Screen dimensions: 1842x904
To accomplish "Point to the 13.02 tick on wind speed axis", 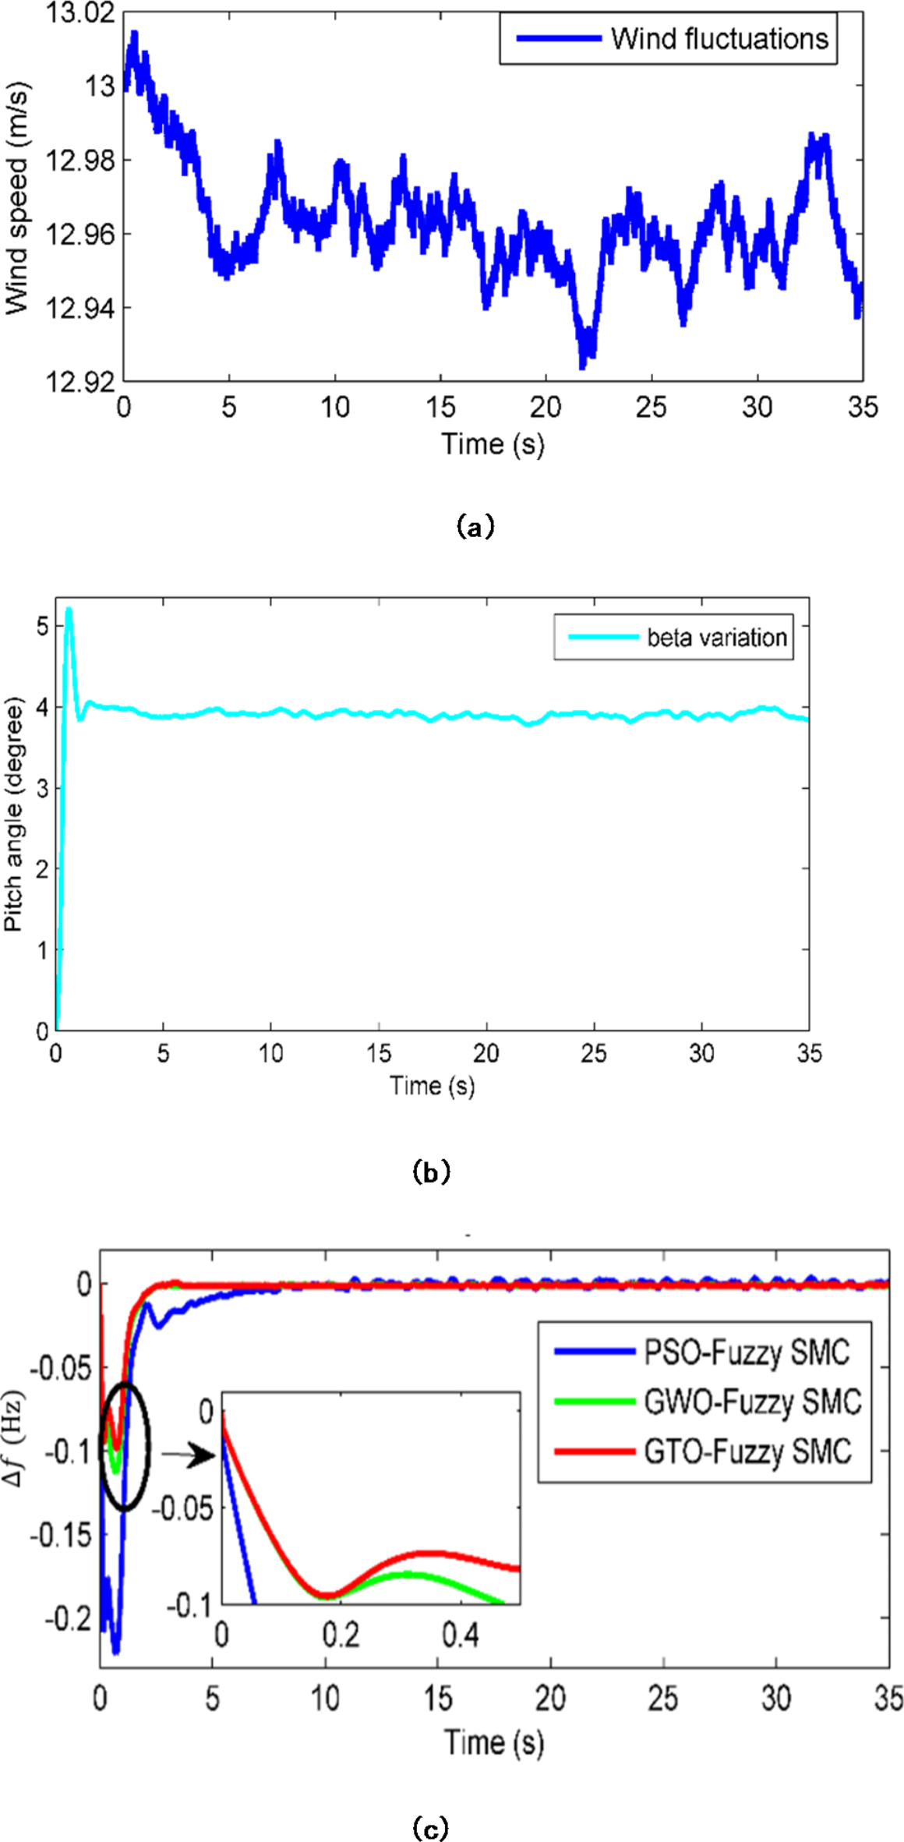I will tap(79, 13).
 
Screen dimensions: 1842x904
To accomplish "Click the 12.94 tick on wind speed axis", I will tap(79, 308).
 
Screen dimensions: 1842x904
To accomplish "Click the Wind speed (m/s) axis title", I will tap(17, 198).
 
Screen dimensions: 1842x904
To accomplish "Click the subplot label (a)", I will tap(475, 527).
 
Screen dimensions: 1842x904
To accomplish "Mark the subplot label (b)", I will tap(431, 1172).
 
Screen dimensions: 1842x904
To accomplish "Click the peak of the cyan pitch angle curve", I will tap(69, 610).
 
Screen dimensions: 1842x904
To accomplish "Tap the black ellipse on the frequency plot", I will tap(124, 1447).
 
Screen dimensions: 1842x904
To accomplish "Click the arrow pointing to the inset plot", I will tap(189, 1455).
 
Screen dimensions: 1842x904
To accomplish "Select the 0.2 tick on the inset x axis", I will tap(341, 1635).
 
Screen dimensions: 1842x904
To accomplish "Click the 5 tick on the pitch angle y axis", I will tap(42, 626).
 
